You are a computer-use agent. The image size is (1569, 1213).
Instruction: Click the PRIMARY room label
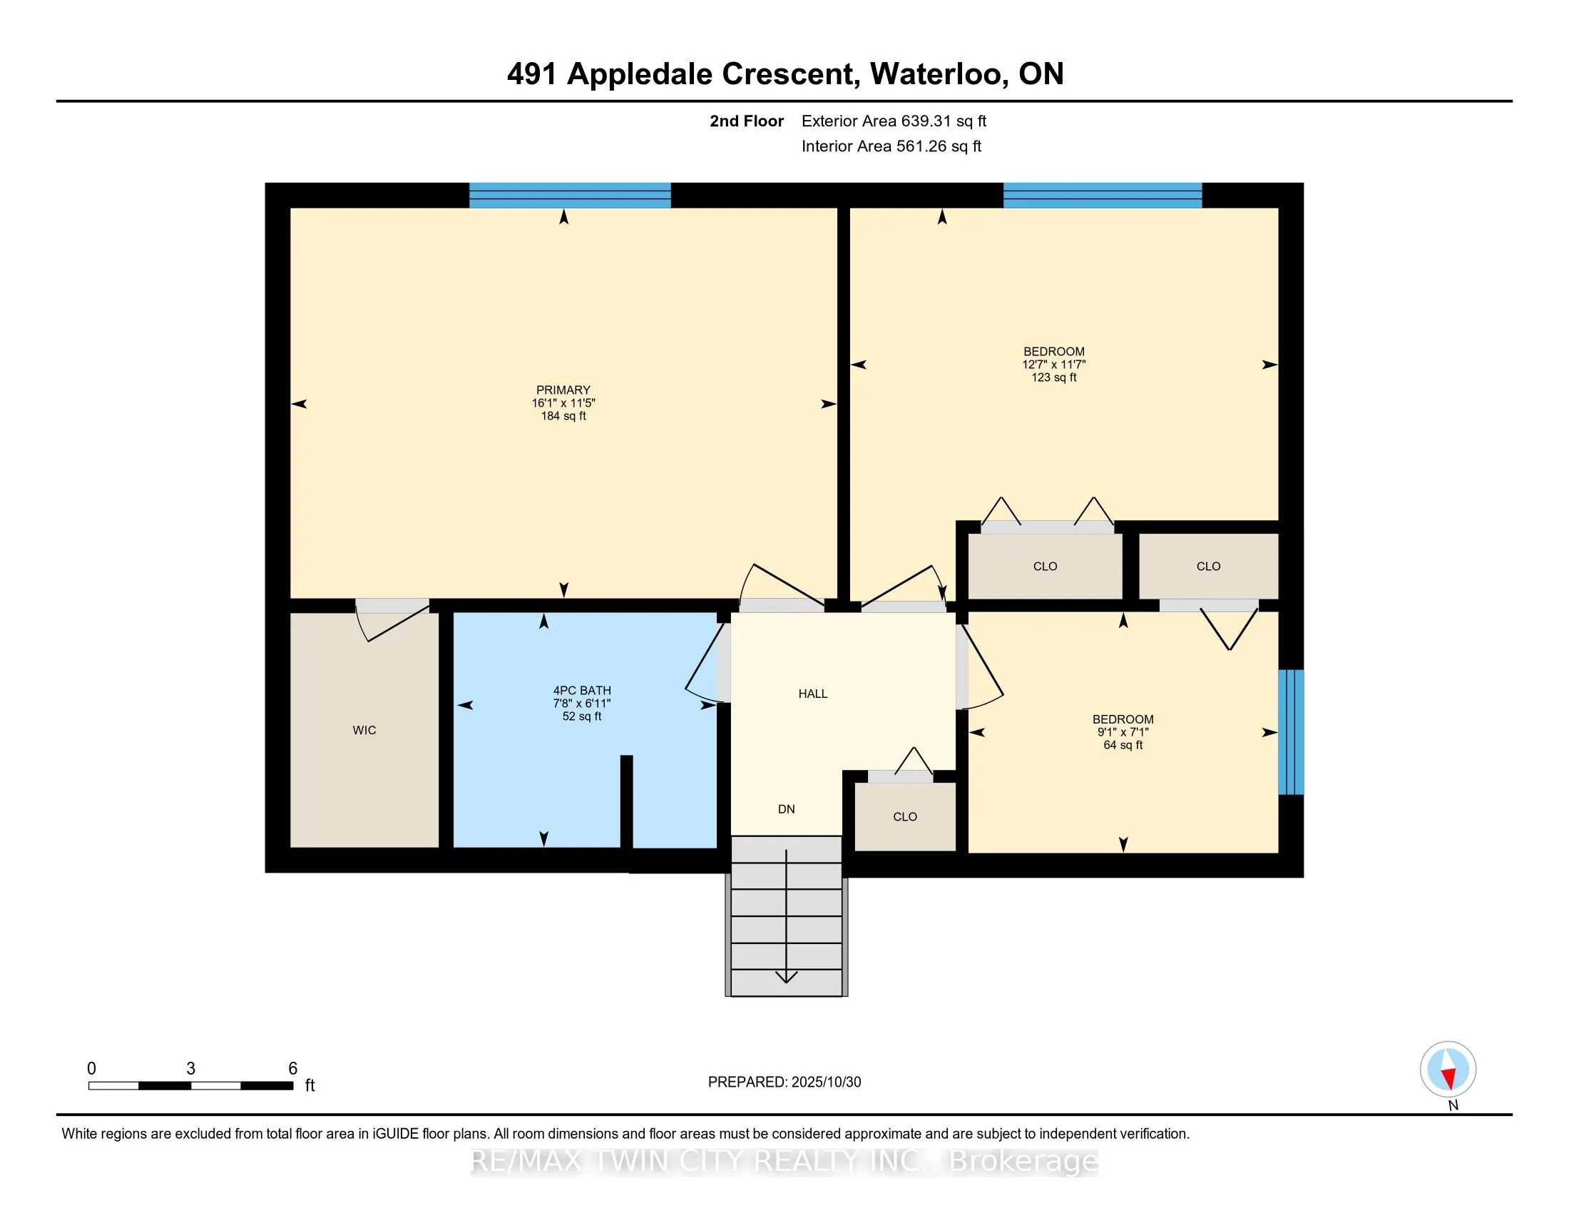click(x=563, y=390)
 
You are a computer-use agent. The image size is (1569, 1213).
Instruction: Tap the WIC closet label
click(x=364, y=730)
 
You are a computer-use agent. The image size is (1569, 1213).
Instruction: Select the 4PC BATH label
click(x=582, y=691)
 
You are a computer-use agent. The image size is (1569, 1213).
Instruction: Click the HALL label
click(x=812, y=694)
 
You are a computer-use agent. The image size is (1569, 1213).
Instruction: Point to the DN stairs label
click(x=786, y=809)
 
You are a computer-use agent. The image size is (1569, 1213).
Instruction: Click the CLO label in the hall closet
click(x=904, y=817)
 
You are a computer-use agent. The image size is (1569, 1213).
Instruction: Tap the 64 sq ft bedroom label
click(x=1123, y=731)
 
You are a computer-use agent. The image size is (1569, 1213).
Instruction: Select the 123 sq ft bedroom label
click(x=1054, y=365)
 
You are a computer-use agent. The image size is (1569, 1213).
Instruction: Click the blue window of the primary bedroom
click(x=570, y=196)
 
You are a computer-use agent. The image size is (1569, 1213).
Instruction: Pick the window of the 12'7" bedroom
click(x=1102, y=196)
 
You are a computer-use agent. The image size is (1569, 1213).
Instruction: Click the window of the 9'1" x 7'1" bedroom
click(x=1291, y=731)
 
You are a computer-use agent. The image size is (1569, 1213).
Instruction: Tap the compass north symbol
click(x=1448, y=1070)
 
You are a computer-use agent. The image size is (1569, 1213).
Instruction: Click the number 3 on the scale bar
click(x=190, y=1069)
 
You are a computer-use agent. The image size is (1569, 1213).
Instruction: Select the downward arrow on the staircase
click(x=787, y=975)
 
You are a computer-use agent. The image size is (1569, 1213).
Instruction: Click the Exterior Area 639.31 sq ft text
click(x=894, y=121)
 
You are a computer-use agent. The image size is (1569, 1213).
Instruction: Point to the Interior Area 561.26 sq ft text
click(x=891, y=146)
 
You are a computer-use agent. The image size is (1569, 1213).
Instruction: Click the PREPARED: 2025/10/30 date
click(x=784, y=1082)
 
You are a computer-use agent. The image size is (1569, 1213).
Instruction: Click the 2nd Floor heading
click(x=746, y=121)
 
